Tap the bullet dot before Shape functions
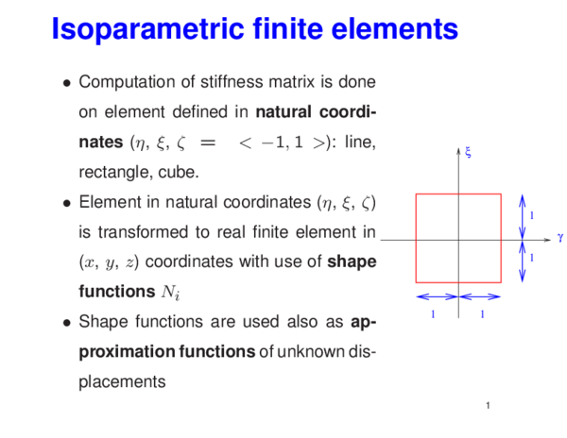coord(65,323)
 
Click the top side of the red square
coord(458,194)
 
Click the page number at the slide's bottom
coord(484,407)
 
